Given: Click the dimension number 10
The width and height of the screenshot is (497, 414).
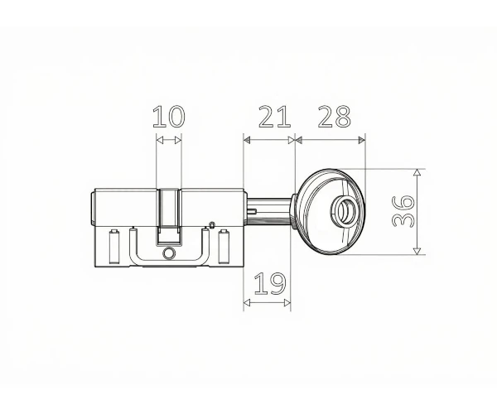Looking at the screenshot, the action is [x=168, y=117].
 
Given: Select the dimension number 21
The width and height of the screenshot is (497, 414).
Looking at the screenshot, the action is [x=274, y=117].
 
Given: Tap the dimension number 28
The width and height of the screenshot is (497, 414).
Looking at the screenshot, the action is [x=335, y=117].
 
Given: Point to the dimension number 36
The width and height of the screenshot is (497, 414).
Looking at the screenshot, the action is [x=403, y=211].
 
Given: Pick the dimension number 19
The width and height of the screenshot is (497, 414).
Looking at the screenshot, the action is [x=270, y=283].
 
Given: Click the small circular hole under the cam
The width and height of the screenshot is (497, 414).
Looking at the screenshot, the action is [x=169, y=253].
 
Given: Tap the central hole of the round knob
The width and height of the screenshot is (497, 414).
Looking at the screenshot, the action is [x=343, y=210].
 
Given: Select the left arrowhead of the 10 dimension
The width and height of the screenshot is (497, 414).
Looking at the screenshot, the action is [x=160, y=140].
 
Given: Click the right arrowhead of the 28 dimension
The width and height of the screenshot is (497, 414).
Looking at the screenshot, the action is [x=362, y=140].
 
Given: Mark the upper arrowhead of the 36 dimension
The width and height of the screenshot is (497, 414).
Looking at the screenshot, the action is [x=417, y=172].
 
